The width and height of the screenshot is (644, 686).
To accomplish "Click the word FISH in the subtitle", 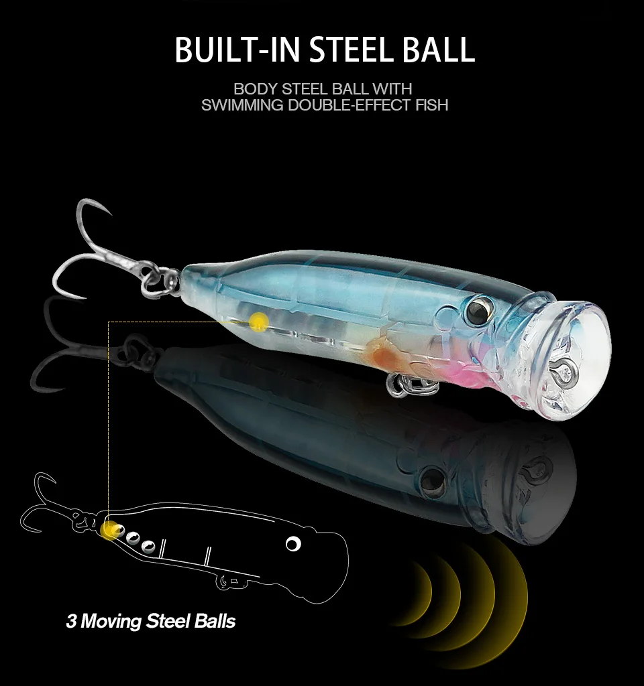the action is (x=429, y=105).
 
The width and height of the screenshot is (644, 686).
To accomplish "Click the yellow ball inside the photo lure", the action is (x=257, y=323).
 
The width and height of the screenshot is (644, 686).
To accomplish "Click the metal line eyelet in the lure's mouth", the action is (x=561, y=366).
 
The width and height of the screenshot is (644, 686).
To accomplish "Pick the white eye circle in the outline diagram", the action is (x=292, y=543).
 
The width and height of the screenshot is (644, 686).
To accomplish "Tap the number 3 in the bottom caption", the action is (x=70, y=621).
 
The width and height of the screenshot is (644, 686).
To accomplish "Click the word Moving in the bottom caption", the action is (x=111, y=621).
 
